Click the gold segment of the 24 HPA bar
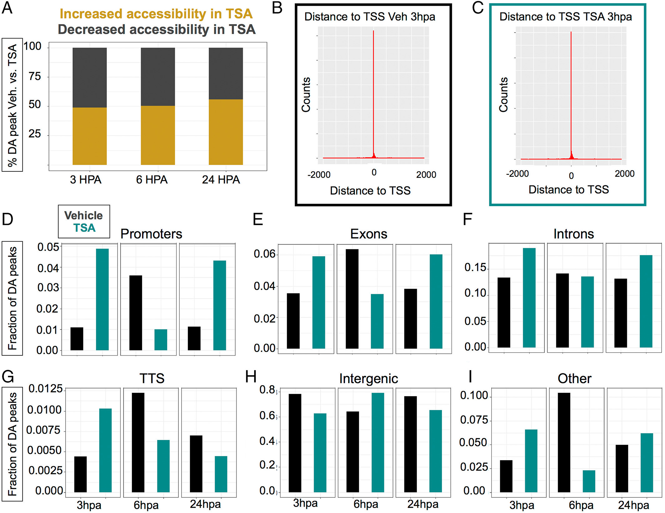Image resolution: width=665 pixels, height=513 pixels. coord(226,132)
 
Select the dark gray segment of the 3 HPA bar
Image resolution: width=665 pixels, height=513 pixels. coord(90,78)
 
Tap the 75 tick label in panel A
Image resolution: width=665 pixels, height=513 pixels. coord(35,76)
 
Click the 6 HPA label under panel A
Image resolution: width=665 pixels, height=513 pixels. coord(152,180)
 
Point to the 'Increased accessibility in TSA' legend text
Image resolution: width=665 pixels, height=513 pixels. coord(156,14)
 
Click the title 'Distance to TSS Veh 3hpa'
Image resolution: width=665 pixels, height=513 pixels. coord(370,17)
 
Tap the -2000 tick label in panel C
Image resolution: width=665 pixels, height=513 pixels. coord(517,174)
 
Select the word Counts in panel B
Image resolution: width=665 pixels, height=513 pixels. coord(306,94)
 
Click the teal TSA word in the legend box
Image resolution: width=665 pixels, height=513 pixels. coord(84,228)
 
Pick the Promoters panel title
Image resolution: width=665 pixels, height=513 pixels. coord(151,234)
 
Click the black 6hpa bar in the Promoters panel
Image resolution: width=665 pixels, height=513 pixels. coord(136,312)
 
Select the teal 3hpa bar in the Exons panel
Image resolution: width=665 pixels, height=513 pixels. coord(319,302)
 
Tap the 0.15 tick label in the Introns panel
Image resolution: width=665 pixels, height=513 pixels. coord(475,267)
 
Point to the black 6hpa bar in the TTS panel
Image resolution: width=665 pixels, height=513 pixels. coord(138,442)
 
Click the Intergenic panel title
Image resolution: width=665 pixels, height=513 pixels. coord(368,378)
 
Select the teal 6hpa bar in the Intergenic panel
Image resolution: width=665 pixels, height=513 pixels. coord(378,442)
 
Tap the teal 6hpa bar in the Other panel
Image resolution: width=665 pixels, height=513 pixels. coord(589,481)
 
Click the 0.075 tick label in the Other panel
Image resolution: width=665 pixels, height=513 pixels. coord(474,420)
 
